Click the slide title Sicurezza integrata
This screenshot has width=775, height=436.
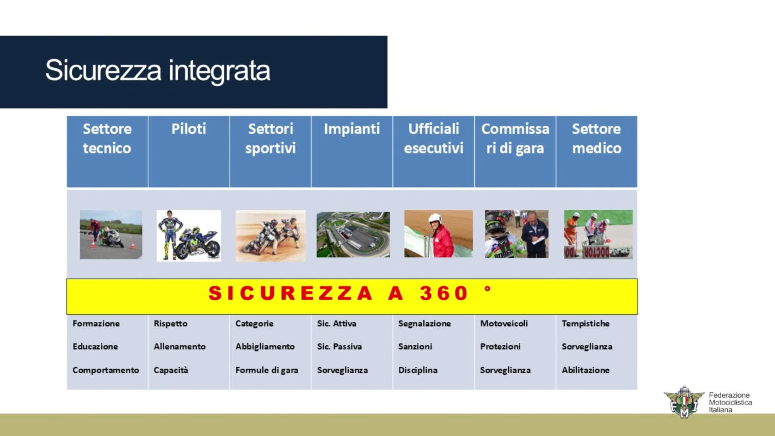click(x=157, y=70)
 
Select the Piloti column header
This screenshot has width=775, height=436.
click(x=189, y=129)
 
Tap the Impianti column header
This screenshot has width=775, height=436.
click(x=352, y=129)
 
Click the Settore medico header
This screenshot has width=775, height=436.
click(x=596, y=138)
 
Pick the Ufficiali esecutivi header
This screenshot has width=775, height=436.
click(x=434, y=138)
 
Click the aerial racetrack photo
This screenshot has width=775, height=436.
click(x=353, y=235)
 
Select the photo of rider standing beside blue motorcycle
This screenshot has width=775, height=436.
click(x=189, y=235)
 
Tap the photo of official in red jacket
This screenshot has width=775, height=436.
click(x=438, y=234)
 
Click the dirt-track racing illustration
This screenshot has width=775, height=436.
click(x=270, y=235)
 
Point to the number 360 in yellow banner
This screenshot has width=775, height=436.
click(x=443, y=293)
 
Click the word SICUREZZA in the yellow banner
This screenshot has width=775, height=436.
click(x=290, y=293)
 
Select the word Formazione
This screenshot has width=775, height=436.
click(x=96, y=323)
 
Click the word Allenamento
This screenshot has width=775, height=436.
click(x=180, y=346)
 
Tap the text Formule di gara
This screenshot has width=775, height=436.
click(x=267, y=370)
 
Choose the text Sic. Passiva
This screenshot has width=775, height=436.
click(x=339, y=346)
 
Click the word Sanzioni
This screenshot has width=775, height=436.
click(x=415, y=346)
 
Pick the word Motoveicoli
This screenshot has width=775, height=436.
click(x=504, y=323)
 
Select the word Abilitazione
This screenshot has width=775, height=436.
click(x=585, y=370)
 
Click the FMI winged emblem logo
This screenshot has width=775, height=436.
click(x=684, y=402)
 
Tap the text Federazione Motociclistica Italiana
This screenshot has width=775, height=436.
click(x=730, y=402)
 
